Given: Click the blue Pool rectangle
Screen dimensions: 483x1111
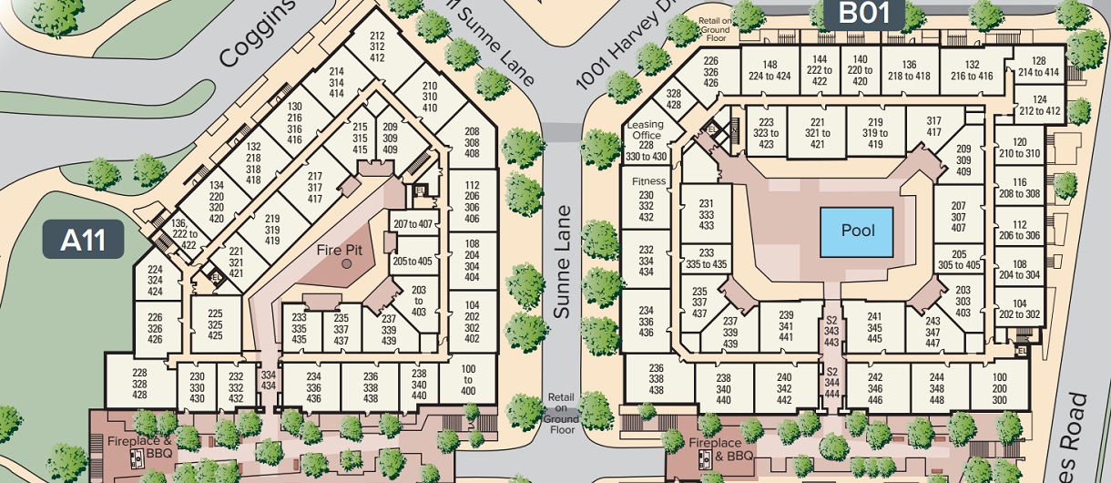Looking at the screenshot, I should coord(857,231).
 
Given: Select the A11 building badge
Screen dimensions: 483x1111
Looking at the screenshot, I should coord(83,241).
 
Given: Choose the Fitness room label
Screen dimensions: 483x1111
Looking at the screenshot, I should coord(649,181).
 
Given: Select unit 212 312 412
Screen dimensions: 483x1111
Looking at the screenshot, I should coord(377,46).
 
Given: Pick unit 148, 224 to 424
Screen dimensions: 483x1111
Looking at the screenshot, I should coord(770,70).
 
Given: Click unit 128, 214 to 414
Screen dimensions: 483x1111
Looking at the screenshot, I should coord(1038,66).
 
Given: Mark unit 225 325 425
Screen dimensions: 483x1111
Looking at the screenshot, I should coord(215,324).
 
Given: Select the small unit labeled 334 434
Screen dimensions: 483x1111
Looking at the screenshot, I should coord(268,379).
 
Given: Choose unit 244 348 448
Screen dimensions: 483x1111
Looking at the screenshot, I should coord(937,388).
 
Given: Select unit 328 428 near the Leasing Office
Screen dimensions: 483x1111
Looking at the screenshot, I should coord(673,99).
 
